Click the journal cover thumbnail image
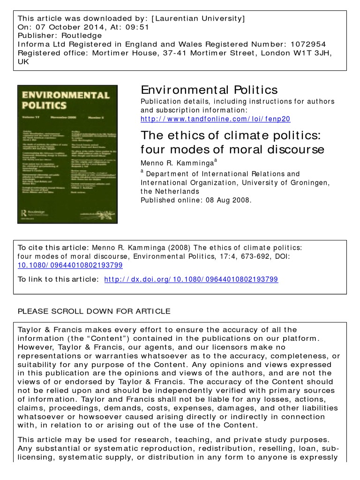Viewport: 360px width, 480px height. pyautogui.click(x=67, y=154)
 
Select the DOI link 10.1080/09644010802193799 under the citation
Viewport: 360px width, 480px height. pyautogui.click(x=70, y=265)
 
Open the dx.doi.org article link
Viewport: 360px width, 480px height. pyautogui.click(x=191, y=279)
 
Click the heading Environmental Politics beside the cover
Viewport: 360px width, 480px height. pyautogui.click(x=209, y=90)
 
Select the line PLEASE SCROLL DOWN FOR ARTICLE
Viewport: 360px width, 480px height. pyautogui.click(x=94, y=311)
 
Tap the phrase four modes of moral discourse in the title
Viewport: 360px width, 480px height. pyautogui.click(x=232, y=150)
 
